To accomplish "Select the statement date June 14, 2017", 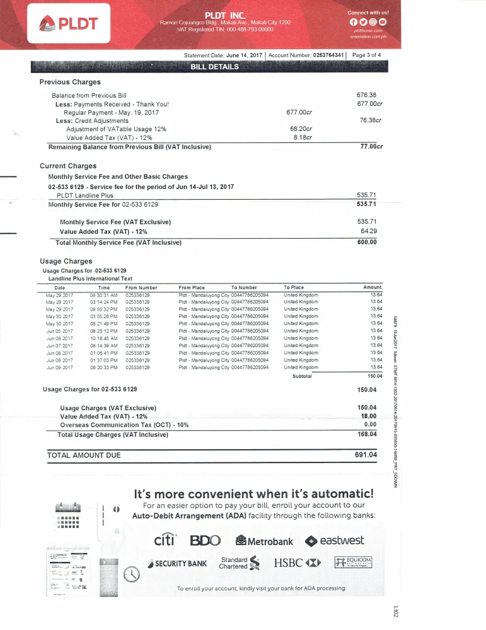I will [x=244, y=55].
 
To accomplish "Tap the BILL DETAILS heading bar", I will [x=214, y=67].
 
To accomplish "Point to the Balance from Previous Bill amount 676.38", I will [x=366, y=95].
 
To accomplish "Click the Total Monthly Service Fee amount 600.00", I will [x=366, y=242].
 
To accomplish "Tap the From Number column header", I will [x=141, y=287].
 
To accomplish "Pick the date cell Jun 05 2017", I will [x=60, y=331].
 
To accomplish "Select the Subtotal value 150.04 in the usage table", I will [x=374, y=376].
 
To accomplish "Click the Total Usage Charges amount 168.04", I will [x=366, y=434].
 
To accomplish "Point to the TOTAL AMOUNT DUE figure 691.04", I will [x=366, y=455].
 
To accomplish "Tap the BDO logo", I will [x=205, y=541].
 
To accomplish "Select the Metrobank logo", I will [x=263, y=541].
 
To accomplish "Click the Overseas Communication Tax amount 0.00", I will [x=370, y=425].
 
